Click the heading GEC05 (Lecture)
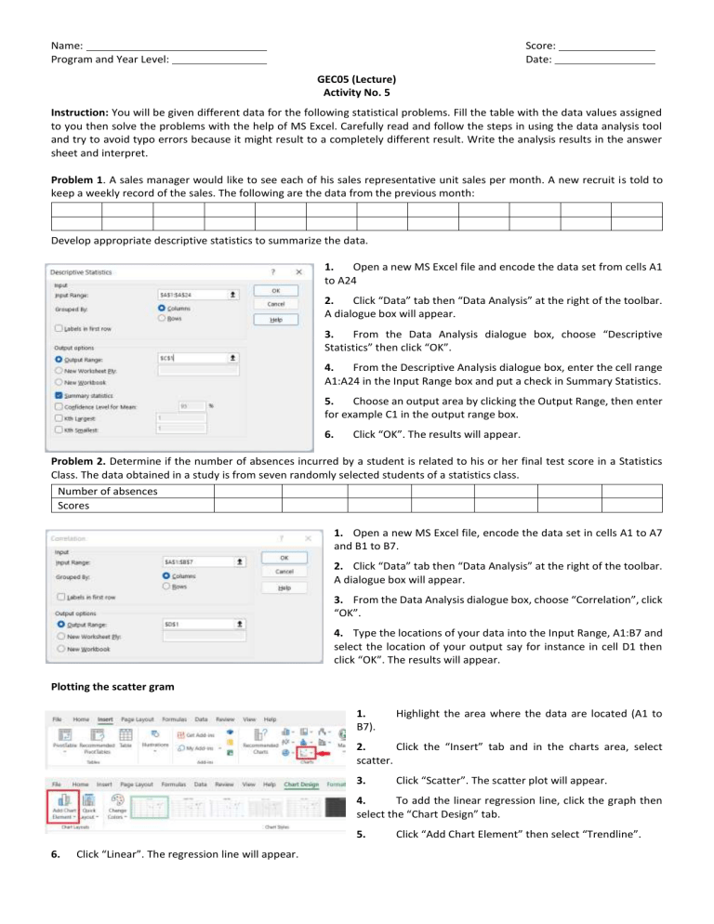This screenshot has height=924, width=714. point(356,81)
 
